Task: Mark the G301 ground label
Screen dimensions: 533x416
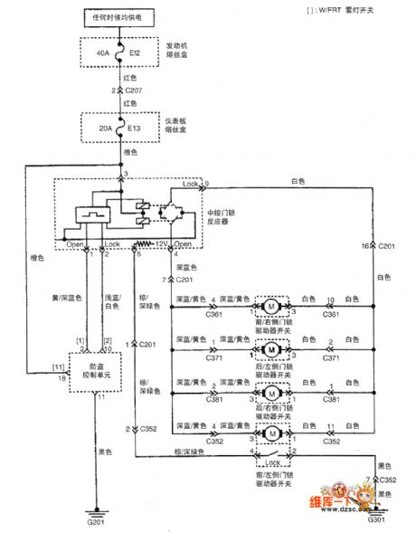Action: click(x=379, y=521)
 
